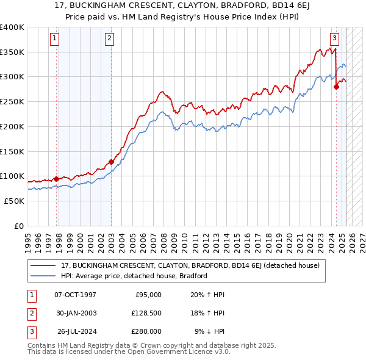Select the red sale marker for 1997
57,179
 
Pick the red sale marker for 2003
111,162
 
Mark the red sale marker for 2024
336,87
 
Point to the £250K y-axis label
12,101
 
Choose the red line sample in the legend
43,265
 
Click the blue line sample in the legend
43,276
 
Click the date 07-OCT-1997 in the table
75,295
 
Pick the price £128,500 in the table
146,313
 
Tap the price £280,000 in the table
146,331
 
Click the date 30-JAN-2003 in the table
75,313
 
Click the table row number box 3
30,331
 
